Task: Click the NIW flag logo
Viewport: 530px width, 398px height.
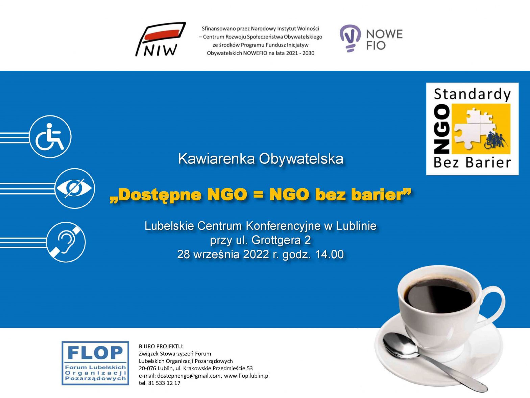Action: coord(161,39)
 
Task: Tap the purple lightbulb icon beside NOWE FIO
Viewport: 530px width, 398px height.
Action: coord(350,38)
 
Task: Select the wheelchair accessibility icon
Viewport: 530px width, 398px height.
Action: coord(50,137)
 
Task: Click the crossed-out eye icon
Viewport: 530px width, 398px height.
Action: coord(74,188)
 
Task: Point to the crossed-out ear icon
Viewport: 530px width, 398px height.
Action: coord(66,242)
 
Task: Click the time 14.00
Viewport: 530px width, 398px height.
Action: coord(329,254)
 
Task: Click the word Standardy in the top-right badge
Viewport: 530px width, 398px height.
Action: coord(472,94)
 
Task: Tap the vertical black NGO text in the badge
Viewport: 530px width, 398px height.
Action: coord(442,129)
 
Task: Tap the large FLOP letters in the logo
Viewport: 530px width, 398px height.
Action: coord(95,353)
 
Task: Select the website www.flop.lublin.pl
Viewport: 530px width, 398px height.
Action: coord(246,376)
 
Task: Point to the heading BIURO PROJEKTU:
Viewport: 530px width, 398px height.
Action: coord(161,346)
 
